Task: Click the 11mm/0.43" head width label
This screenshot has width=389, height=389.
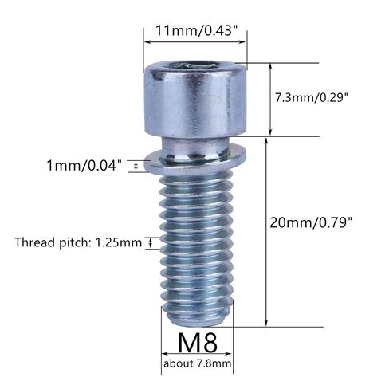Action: (196, 30)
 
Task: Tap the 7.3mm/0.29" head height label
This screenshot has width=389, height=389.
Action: (311, 98)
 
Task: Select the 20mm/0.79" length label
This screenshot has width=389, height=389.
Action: (311, 222)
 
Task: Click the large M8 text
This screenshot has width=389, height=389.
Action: (198, 343)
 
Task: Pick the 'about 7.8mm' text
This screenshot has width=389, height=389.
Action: (198, 363)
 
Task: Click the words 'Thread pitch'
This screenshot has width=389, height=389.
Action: (50, 242)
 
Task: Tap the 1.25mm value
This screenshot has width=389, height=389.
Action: (119, 242)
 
